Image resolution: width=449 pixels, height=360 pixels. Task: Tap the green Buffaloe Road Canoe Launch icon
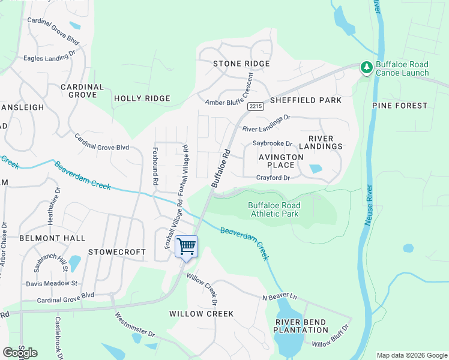pos(366,68)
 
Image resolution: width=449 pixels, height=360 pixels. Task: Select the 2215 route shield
pos(255,106)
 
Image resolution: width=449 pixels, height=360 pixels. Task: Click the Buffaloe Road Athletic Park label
pos(274,209)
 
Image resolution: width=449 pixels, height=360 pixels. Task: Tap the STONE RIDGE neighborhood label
pos(241,64)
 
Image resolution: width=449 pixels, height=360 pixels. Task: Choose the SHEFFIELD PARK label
pos(306,100)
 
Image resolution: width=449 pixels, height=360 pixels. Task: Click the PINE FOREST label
pos(400,106)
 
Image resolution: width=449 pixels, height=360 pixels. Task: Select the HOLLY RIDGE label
pos(142,98)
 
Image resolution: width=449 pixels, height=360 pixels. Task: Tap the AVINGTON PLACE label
pos(276,161)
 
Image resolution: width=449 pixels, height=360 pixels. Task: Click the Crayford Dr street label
pos(273,178)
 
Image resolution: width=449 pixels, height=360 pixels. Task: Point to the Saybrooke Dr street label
pos(272,143)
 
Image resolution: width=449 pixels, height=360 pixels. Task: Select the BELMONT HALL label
pos(52,238)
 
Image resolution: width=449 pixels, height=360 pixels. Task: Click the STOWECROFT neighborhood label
pos(117,252)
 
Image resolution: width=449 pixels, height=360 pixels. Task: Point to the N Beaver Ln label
pos(279,297)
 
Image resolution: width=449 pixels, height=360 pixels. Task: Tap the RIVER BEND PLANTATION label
pos(301,326)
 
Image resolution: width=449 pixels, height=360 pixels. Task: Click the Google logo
pos(20,353)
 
